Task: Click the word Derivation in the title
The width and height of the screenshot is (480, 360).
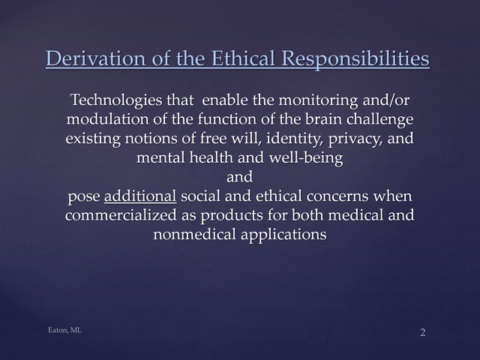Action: pos(96,58)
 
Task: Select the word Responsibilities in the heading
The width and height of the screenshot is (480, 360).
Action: pos(355,59)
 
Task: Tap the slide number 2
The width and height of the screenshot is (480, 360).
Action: pos(423,332)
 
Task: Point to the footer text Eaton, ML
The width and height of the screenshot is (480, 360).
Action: pos(65,330)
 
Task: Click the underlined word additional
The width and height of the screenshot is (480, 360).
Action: pos(140,196)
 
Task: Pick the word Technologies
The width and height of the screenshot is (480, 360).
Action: pos(116,100)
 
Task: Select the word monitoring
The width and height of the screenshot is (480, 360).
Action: pos(318,100)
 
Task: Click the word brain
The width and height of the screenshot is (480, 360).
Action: pos(323,119)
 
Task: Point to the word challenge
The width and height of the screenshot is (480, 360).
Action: pos(380,120)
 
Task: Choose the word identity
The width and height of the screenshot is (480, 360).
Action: pos(295,139)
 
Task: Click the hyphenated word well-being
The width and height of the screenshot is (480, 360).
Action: pos(306,158)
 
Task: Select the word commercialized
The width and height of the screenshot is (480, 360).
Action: pos(121,215)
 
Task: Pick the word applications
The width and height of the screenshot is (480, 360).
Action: pos(283,235)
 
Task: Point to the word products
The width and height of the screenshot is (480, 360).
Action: pos(232,215)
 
